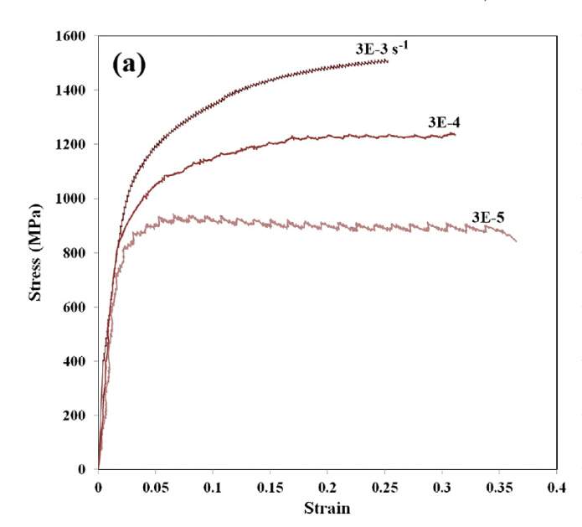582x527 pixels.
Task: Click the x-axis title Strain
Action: pyautogui.click(x=326, y=508)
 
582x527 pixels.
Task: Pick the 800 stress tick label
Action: pyautogui.click(x=75, y=253)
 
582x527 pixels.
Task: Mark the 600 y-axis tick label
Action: pyautogui.click(x=75, y=307)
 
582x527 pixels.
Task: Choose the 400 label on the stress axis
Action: pyautogui.click(x=75, y=361)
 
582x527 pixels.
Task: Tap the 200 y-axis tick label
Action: pyautogui.click(x=75, y=416)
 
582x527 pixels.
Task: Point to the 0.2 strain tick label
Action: pyautogui.click(x=327, y=487)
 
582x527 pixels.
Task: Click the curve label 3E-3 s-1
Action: pyautogui.click(x=382, y=49)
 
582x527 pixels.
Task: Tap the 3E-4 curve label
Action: pyautogui.click(x=444, y=122)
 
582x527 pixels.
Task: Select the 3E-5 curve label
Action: pyautogui.click(x=488, y=217)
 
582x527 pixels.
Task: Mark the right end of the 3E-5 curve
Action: pyautogui.click(x=516, y=241)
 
